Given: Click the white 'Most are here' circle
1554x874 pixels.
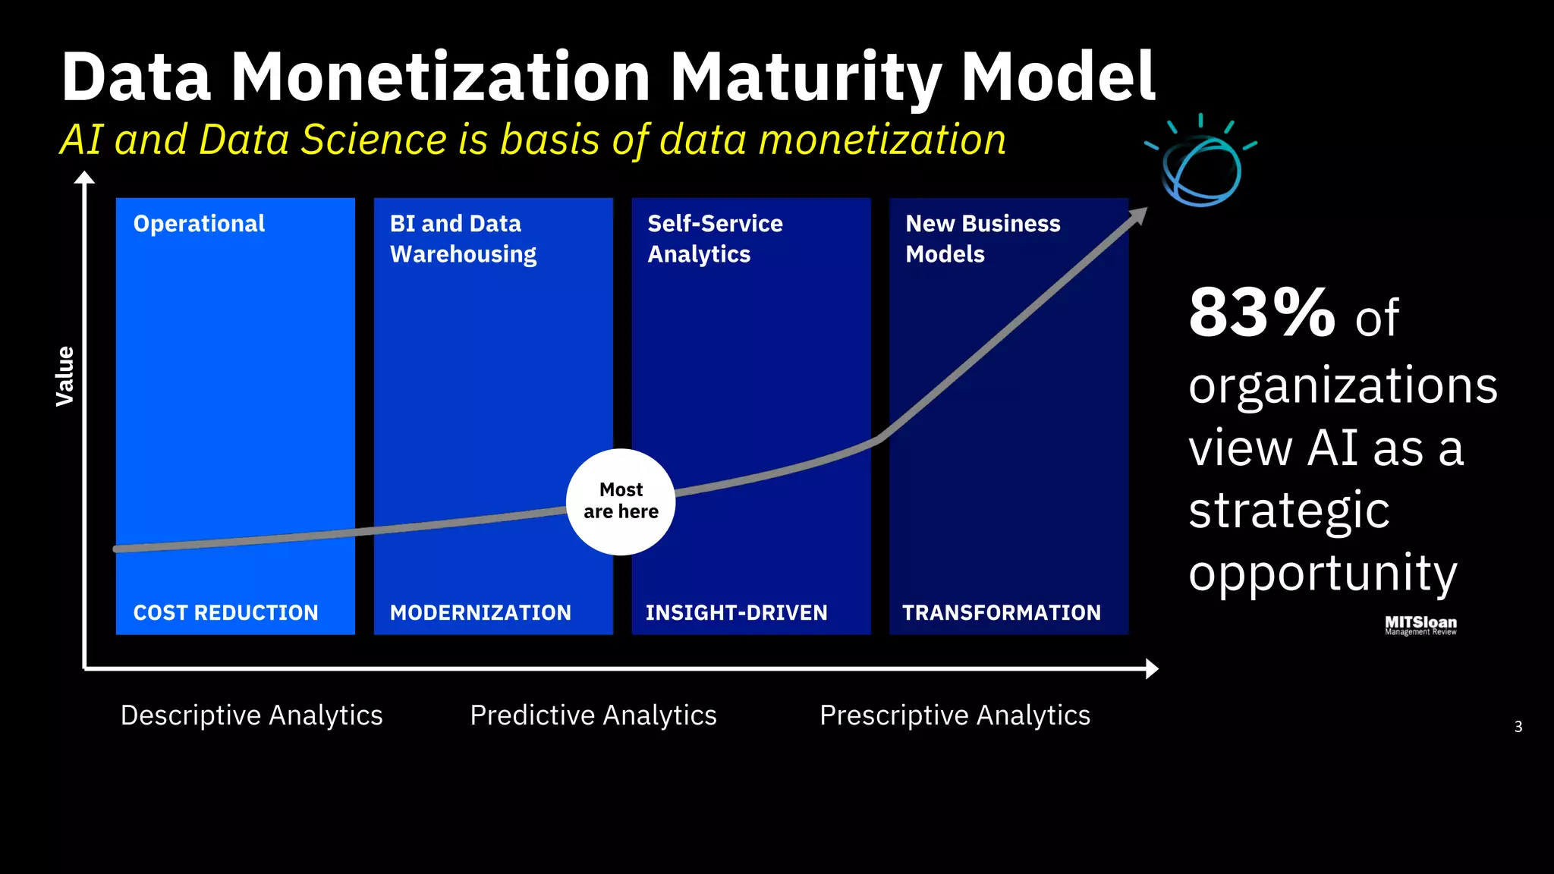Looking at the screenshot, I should tap(621, 501).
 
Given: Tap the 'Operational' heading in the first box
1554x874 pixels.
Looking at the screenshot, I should tap(199, 224).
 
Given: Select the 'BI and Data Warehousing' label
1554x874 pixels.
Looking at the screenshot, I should tap(463, 238).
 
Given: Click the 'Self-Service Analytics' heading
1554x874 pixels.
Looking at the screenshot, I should tap(714, 238).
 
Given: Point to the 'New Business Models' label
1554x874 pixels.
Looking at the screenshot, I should tap(982, 238).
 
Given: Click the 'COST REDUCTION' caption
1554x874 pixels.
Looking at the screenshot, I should tap(225, 612).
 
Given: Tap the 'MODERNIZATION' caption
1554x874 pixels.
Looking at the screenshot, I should tap(480, 612).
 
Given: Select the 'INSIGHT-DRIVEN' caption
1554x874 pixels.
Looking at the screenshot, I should tap(736, 612).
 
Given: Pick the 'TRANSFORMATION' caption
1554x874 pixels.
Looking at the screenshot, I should tap(1001, 612).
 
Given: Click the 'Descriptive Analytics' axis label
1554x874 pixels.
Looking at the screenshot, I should tap(251, 715).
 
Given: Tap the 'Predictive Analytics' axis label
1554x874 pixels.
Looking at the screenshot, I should tap(593, 715).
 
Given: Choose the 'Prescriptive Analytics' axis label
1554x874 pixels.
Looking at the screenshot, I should tap(955, 715).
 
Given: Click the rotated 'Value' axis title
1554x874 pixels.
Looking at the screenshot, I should tap(65, 376).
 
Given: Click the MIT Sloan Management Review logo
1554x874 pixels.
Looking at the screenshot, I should tap(1420, 625).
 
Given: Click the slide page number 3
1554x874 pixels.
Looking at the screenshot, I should tap(1518, 727).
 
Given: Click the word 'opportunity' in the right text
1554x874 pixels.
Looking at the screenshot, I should tap(1323, 573).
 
